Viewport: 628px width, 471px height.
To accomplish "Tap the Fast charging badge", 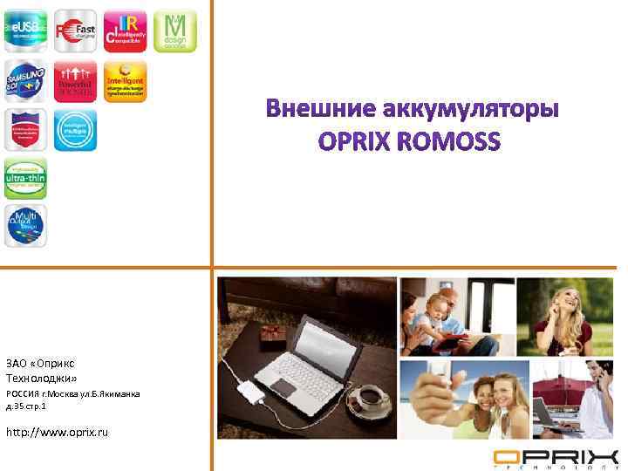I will [75, 31].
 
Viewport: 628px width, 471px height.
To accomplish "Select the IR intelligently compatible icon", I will [125, 31].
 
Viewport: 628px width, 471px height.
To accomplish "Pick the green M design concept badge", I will [175, 31].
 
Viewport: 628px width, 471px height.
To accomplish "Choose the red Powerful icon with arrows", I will [75, 81].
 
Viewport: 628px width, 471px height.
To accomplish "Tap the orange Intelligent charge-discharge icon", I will [125, 81].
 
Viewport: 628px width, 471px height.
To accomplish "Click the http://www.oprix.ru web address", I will [58, 433].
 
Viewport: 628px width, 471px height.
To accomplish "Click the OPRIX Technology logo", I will [556, 459].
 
